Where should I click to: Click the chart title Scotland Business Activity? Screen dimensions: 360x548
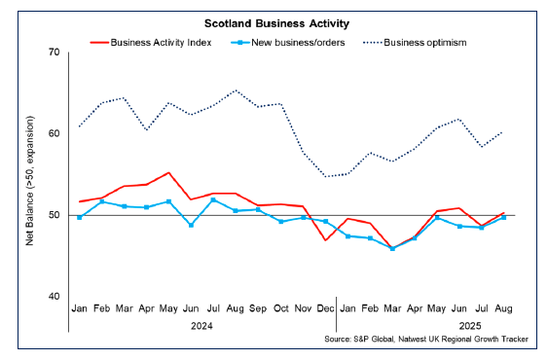[x=274, y=20]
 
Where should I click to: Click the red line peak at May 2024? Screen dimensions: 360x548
[x=169, y=172]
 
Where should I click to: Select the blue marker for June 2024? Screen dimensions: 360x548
[x=192, y=225]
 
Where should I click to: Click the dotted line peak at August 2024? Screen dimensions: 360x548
[x=237, y=90]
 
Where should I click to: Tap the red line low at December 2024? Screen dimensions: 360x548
[x=325, y=239]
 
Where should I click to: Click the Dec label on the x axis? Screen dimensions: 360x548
[x=325, y=307]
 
